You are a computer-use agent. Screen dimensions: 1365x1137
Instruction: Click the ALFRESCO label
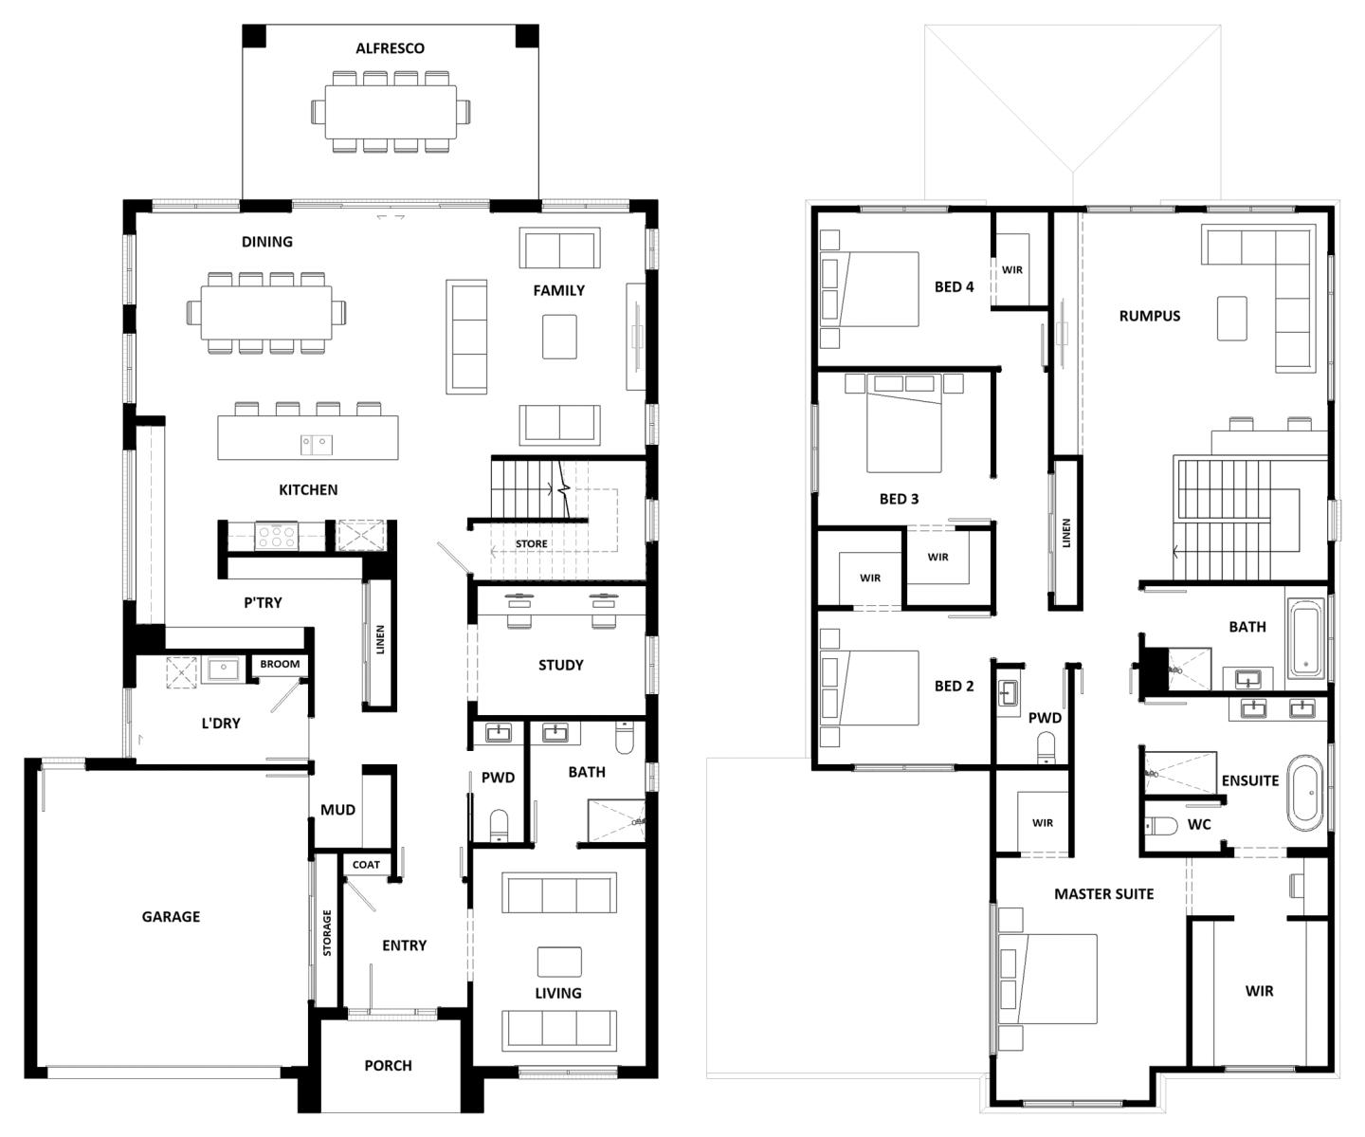[390, 48]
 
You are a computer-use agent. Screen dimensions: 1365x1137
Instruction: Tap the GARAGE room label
[171, 917]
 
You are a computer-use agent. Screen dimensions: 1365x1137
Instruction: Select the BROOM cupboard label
[280, 664]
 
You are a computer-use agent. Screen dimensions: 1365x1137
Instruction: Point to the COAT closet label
[366, 865]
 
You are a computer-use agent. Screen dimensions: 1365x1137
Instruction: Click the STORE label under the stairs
[532, 543]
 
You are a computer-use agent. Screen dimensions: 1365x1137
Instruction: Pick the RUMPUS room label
[1149, 316]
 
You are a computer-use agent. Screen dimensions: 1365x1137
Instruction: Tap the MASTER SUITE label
[1103, 893]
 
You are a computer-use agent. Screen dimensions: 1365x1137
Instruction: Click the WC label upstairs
[1199, 824]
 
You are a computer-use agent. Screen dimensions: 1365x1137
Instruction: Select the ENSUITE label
[1250, 780]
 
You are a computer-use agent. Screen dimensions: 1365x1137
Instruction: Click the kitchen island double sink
[317, 445]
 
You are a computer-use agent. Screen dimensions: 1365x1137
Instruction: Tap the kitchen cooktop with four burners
[276, 537]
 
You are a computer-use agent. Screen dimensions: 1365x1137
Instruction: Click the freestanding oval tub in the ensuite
[1305, 793]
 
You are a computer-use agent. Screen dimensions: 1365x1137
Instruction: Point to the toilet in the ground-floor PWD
[499, 826]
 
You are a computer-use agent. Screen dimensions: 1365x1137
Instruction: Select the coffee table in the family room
[559, 337]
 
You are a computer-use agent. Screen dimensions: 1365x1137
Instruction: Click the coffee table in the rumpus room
[1231, 318]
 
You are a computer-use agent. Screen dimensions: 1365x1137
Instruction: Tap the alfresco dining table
[391, 112]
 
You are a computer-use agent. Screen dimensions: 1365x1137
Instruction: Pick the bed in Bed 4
[869, 289]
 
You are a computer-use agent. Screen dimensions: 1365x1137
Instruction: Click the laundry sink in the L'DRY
[223, 669]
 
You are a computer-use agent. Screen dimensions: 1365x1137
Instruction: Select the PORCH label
[388, 1066]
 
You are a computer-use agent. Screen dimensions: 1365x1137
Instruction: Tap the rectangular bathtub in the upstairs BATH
[1306, 639]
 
